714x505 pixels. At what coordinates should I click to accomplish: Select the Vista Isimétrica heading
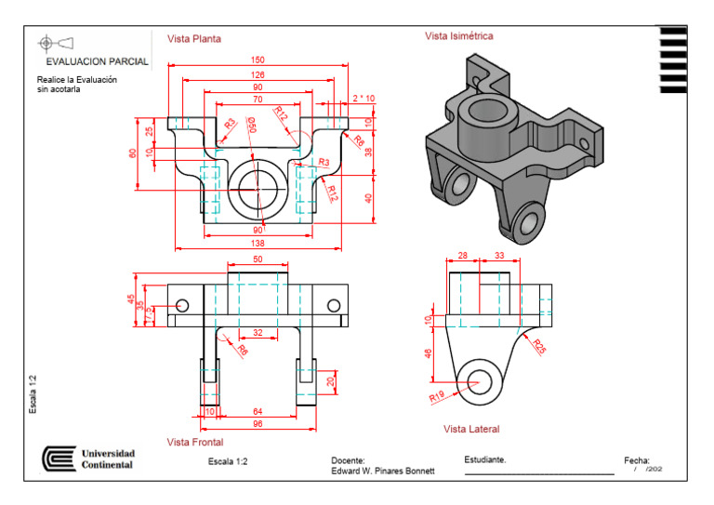(x=459, y=36)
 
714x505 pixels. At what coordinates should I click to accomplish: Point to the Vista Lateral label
(x=471, y=429)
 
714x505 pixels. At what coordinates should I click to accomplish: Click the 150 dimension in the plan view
(x=258, y=60)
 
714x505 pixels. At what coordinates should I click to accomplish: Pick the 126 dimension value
(x=258, y=74)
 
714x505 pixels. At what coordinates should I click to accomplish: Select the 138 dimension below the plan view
(x=258, y=243)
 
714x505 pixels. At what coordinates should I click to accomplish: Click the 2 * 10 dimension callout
(x=364, y=98)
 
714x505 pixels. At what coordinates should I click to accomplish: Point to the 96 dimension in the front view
(x=258, y=423)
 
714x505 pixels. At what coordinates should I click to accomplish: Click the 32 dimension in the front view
(x=258, y=332)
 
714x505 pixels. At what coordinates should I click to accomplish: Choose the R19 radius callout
(x=437, y=396)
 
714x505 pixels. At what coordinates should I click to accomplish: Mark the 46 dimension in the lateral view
(x=429, y=354)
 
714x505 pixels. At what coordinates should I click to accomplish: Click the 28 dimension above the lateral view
(x=462, y=255)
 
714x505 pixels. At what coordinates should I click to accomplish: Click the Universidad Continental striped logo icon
(x=59, y=458)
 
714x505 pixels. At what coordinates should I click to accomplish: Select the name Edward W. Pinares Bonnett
(x=382, y=471)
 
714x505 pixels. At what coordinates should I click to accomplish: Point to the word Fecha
(x=636, y=459)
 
